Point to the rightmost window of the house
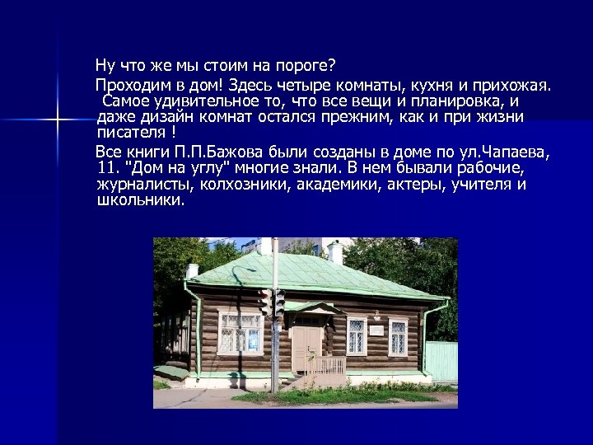click(x=399, y=336)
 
